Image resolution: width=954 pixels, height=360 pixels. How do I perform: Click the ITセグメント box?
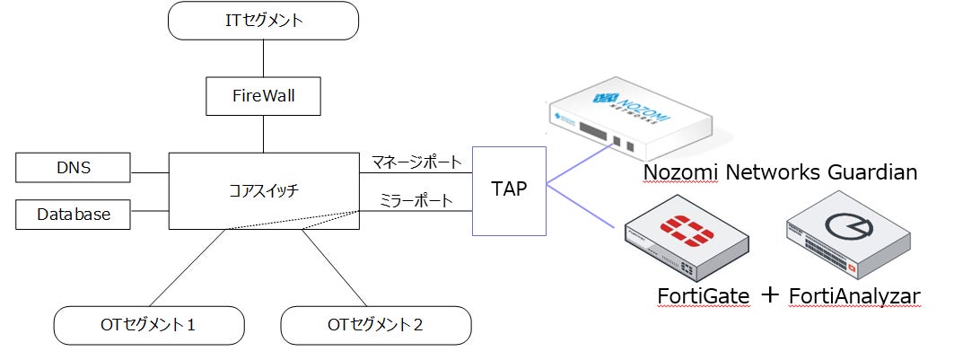[263, 21]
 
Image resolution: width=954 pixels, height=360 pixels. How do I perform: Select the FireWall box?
[263, 96]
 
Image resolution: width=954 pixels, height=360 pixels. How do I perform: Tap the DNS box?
[73, 168]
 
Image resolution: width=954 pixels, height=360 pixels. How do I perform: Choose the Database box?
[73, 215]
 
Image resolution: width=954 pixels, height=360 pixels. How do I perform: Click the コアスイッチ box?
[264, 191]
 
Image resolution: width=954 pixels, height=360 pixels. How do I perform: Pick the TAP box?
[509, 190]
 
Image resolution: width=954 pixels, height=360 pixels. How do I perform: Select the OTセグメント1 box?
[149, 325]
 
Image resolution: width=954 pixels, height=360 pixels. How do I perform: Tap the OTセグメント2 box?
[375, 325]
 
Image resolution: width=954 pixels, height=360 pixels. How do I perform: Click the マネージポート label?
[416, 162]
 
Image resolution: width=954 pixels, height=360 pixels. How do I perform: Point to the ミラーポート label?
[416, 201]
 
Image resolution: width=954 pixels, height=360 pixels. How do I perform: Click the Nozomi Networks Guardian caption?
[781, 172]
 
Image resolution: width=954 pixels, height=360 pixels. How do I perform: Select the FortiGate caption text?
[703, 296]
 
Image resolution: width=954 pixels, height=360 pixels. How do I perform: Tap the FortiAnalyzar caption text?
[854, 296]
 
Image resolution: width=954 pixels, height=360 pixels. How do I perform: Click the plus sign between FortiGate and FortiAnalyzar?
[770, 295]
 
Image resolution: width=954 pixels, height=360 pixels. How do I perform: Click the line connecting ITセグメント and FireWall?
[263, 58]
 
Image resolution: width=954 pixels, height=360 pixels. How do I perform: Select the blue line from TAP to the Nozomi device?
[579, 165]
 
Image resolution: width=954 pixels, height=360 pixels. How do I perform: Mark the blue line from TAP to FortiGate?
[579, 206]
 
